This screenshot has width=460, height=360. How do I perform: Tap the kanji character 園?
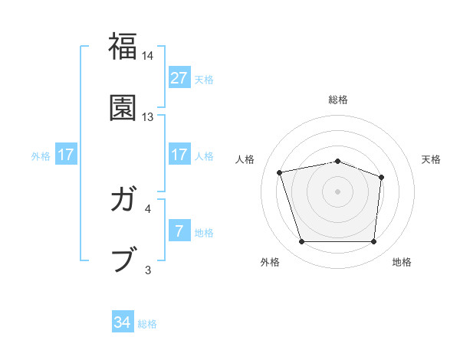point(123,107)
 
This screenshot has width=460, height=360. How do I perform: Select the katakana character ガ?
point(123,201)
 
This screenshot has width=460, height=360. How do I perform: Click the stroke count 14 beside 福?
point(148,56)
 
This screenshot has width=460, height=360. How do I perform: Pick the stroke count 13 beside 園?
point(148,117)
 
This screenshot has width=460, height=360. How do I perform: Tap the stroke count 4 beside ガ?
point(148,208)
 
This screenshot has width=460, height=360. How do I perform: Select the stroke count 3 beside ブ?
point(148,269)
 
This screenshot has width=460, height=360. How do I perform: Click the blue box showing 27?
point(179,78)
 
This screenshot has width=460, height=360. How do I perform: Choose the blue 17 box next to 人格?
point(179,155)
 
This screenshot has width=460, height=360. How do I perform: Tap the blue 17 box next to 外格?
point(66,155)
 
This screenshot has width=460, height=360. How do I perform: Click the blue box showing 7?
point(179,231)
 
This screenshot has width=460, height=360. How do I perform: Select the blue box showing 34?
point(123,322)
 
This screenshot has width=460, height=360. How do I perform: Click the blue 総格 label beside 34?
point(147,324)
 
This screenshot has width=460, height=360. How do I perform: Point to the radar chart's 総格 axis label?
point(337,100)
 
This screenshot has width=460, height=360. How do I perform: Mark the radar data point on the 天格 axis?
point(381,177)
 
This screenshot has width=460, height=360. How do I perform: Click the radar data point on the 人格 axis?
point(280,172)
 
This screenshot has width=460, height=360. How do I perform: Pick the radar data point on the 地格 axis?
point(373,242)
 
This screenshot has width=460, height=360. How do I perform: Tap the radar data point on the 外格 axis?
point(301,242)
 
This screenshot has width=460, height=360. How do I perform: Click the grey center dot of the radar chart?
point(337,191)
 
